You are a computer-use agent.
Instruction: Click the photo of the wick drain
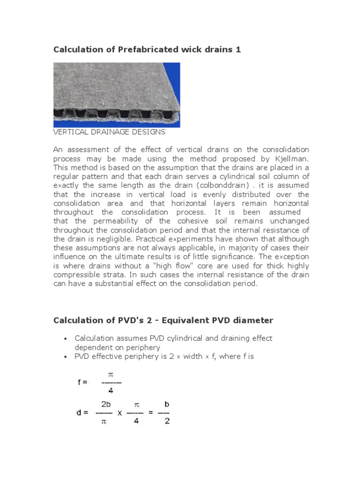116,95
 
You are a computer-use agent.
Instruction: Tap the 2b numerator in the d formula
106,404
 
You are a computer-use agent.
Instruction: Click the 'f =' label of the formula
83,382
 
